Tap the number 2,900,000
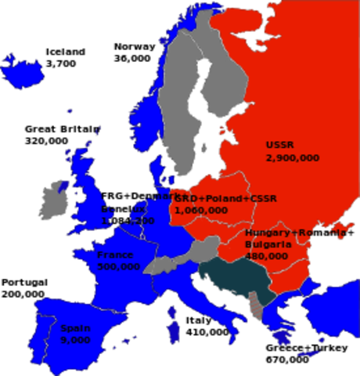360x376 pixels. point(292,158)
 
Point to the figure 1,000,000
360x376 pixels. point(201,210)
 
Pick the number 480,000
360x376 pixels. point(266,256)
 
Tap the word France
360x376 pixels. point(114,255)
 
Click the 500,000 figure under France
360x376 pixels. point(119,267)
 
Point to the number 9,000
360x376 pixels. point(76,341)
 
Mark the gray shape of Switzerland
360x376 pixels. point(160,266)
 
